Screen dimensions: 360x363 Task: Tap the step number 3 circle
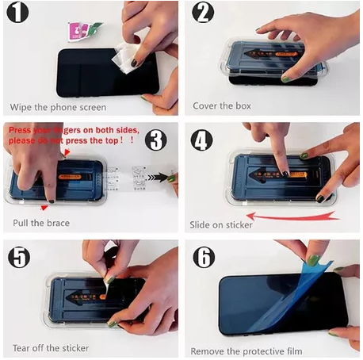(157, 140)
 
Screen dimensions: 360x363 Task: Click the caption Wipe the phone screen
(58, 106)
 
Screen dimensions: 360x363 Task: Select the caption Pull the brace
(41, 223)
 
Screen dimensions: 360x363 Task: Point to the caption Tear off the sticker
(49, 347)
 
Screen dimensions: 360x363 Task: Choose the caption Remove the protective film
(247, 350)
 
